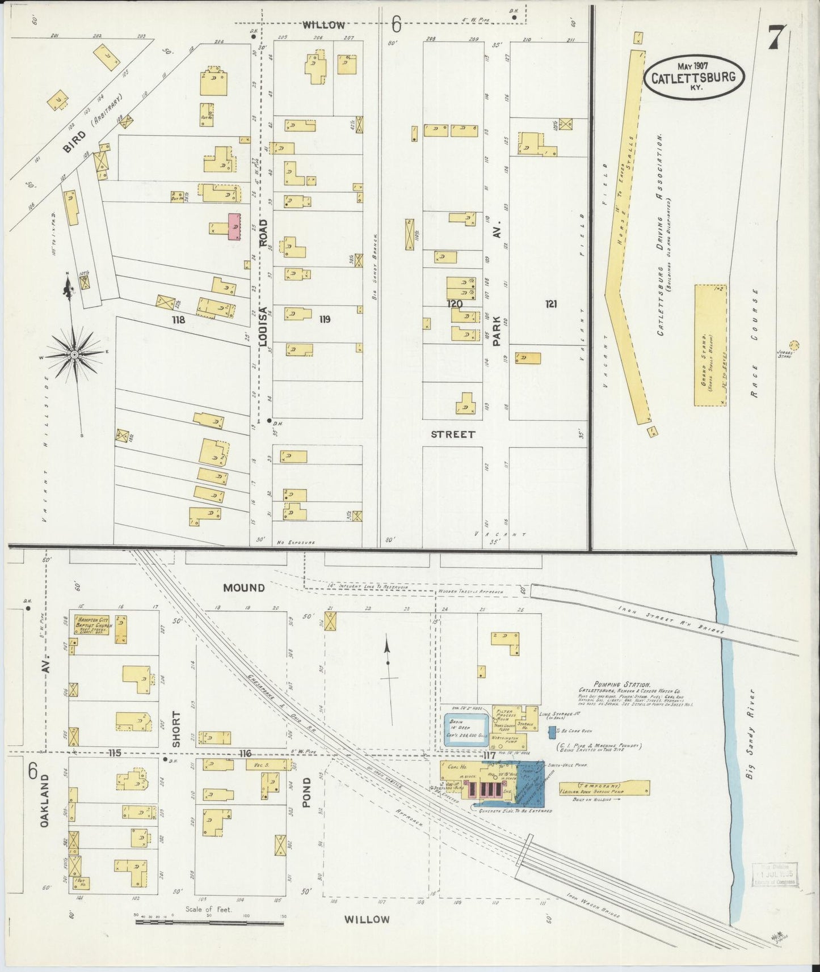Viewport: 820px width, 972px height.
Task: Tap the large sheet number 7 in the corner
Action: (x=777, y=38)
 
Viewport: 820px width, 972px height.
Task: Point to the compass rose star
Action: (x=74, y=354)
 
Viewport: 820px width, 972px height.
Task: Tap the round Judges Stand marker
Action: (x=794, y=345)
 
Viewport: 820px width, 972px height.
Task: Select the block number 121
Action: (x=550, y=304)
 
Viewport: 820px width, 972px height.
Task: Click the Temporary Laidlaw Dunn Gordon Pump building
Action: (x=604, y=787)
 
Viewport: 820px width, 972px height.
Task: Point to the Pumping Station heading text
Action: (x=621, y=685)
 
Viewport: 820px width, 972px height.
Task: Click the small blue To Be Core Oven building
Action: (x=552, y=732)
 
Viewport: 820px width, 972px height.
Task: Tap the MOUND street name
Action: (x=243, y=588)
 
